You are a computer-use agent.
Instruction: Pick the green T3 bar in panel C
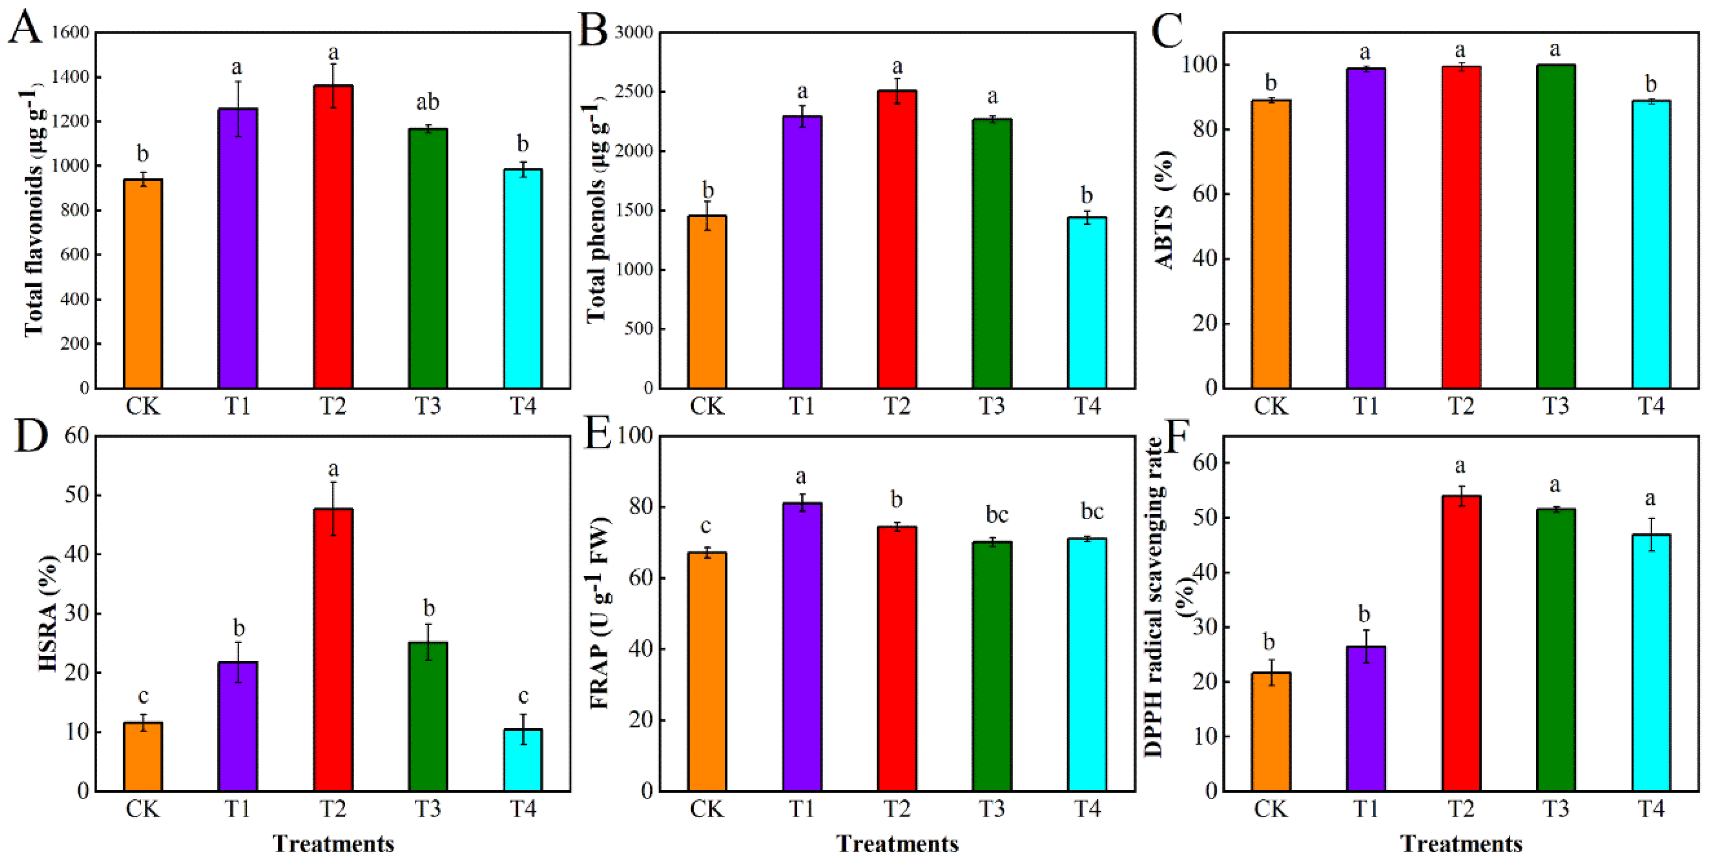[1556, 226]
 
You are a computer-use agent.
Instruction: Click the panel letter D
[31, 436]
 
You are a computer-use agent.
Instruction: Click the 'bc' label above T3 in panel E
[996, 515]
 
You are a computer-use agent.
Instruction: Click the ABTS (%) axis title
[1164, 210]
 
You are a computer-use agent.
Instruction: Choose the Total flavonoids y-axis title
[33, 212]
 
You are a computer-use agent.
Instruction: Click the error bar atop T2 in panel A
[333, 85]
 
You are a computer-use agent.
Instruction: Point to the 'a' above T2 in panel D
[333, 469]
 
